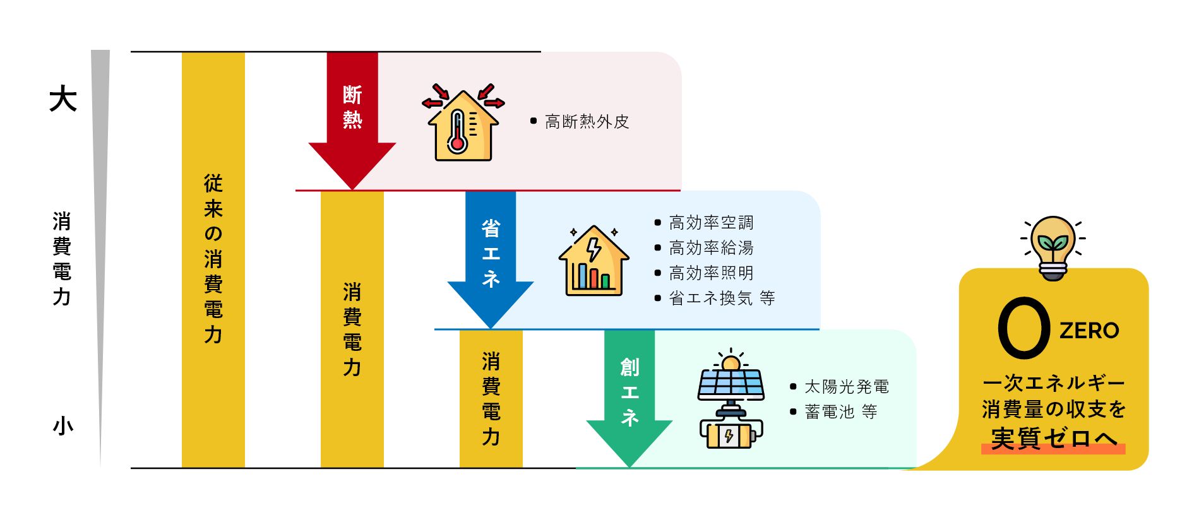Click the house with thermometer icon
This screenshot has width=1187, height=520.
463,123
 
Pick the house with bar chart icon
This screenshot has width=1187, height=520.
593,261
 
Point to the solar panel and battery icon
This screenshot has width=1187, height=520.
731,399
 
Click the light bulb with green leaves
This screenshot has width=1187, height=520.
1053,248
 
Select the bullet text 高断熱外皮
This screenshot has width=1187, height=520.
587,121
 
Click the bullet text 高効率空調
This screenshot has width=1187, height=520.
711,222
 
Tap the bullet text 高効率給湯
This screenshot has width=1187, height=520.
711,247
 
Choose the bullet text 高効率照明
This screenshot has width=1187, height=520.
711,273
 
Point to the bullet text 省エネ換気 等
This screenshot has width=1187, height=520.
722,298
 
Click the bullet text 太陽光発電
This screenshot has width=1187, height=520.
847,386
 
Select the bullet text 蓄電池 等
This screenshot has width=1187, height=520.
840,411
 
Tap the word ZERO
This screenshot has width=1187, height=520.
1089,330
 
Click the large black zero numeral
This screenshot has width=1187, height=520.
1023,328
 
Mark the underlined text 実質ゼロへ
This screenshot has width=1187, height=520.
1053,439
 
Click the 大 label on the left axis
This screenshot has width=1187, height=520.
63,99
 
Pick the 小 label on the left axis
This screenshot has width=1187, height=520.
63,426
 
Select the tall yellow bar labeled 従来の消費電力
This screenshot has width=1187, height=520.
213,259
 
